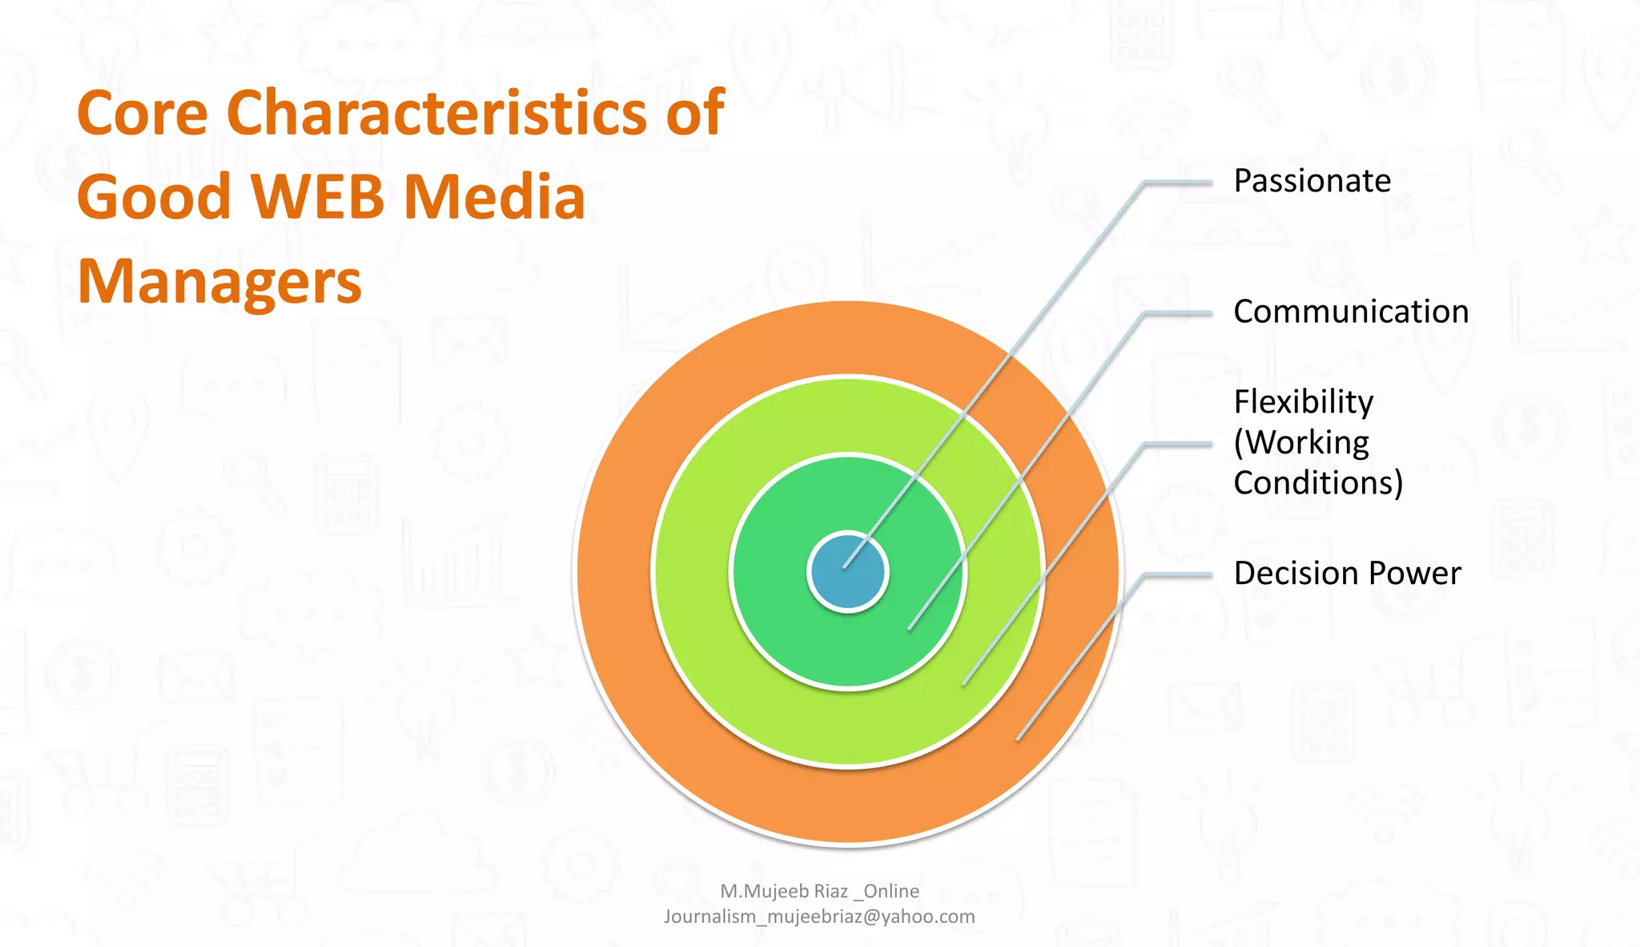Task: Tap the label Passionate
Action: (x=1312, y=181)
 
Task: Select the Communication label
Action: (x=1351, y=312)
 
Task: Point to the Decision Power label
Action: (x=1347, y=574)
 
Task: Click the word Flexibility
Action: (x=1303, y=402)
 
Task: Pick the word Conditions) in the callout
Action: (x=1318, y=483)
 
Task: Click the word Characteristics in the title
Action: (x=436, y=113)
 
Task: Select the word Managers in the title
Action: (x=219, y=282)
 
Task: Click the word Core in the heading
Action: (x=143, y=113)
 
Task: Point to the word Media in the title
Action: (x=494, y=197)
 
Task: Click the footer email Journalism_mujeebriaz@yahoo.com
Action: (x=819, y=917)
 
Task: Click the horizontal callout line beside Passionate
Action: (x=1179, y=183)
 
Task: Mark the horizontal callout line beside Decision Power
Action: (x=1179, y=574)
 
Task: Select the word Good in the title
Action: (x=154, y=197)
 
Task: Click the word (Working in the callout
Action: (x=1301, y=443)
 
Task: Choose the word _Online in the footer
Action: (x=886, y=891)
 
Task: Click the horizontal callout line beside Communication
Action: (x=1179, y=313)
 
